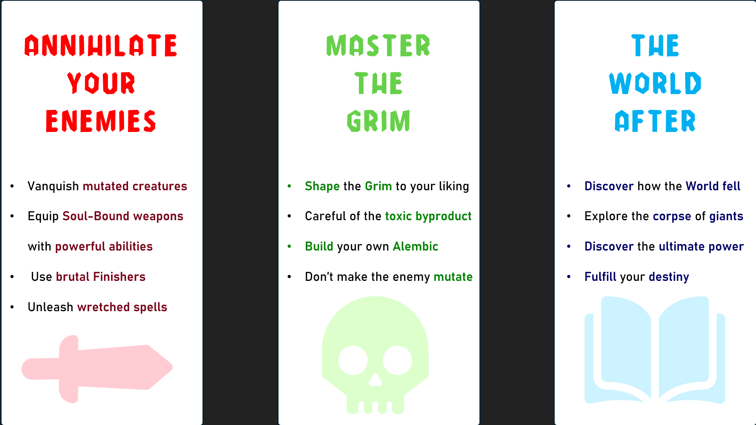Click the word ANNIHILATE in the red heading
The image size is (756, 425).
101,45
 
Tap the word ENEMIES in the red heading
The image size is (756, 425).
101,121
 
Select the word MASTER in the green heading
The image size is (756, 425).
378,45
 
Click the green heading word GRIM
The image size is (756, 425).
379,121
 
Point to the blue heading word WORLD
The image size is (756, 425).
655,83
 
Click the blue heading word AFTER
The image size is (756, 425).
655,121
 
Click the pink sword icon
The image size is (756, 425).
97,369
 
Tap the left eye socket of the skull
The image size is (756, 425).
353,360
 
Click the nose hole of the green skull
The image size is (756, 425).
375,380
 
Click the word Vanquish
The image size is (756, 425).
53,186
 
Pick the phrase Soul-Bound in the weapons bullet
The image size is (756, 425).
96,216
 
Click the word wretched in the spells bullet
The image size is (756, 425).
103,307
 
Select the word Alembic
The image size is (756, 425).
416,246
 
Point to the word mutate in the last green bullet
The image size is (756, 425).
453,277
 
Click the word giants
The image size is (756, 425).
726,216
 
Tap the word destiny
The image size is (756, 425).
669,277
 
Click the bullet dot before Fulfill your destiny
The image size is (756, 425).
569,277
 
